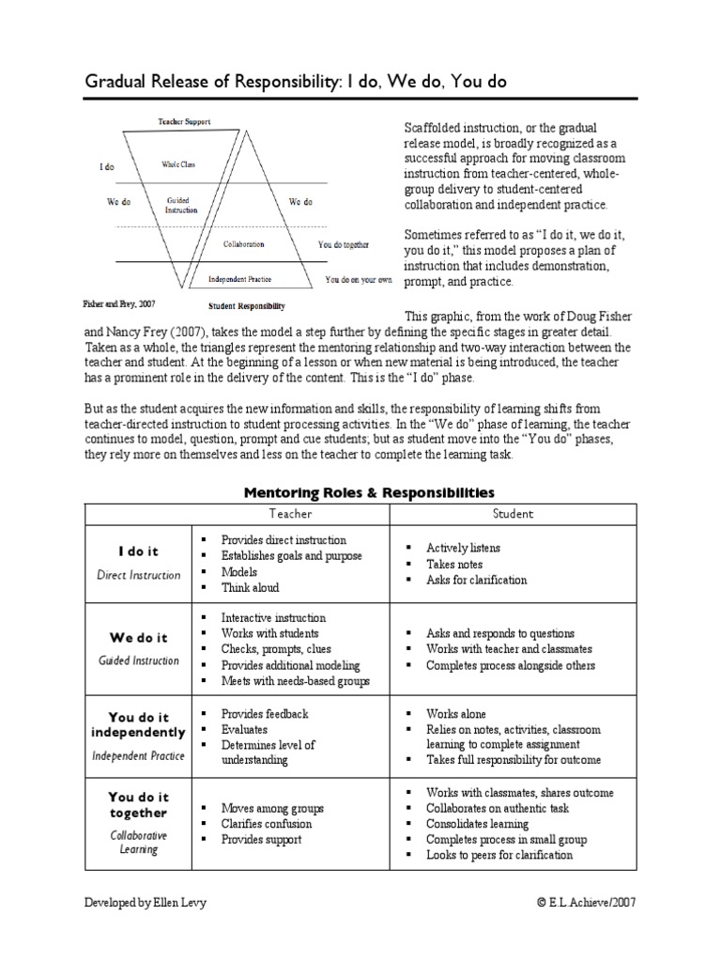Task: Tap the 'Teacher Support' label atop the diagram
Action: click(x=184, y=121)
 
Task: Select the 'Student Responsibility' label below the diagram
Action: click(x=246, y=306)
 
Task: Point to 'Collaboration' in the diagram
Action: click(x=243, y=244)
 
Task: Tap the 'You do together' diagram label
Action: click(x=343, y=244)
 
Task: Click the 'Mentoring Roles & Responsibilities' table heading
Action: click(x=369, y=491)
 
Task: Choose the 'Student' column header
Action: click(x=514, y=514)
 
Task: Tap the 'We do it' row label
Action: click(x=138, y=639)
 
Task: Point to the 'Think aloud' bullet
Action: click(x=250, y=587)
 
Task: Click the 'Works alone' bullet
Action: click(x=456, y=714)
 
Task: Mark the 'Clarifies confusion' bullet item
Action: click(x=267, y=824)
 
